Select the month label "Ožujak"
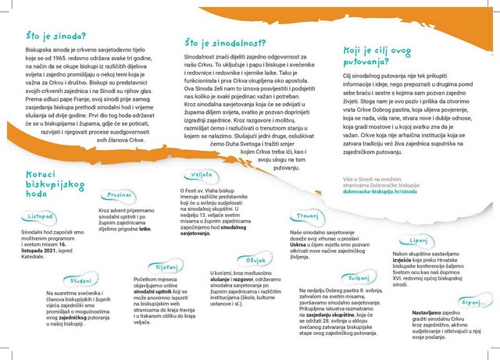(256, 260)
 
